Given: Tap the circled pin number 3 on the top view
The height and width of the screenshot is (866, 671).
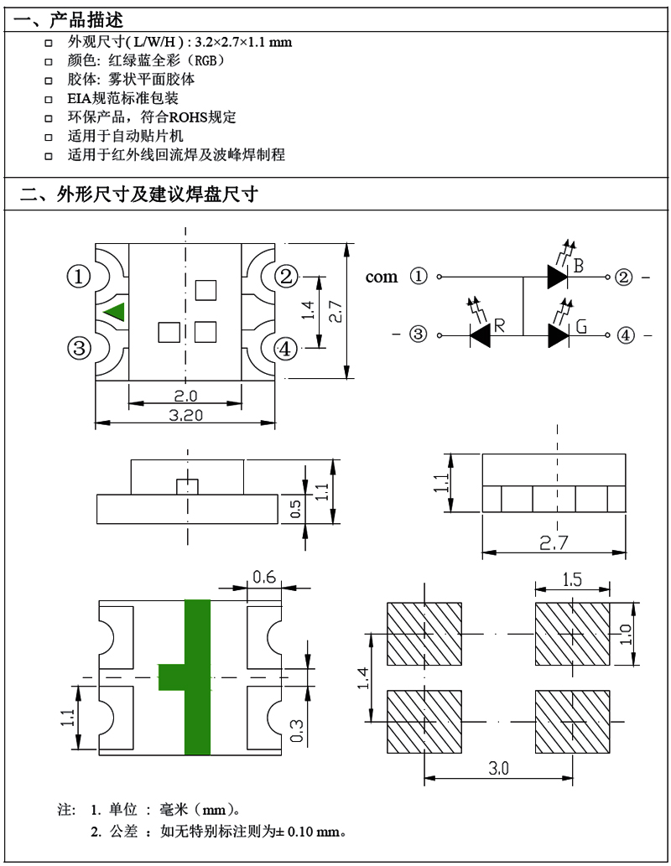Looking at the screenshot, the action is pyautogui.click(x=79, y=348).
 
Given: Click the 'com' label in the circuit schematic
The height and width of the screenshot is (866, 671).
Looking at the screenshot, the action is pyautogui.click(x=382, y=277).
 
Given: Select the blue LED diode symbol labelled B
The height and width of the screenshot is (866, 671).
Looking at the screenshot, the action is pyautogui.click(x=558, y=276).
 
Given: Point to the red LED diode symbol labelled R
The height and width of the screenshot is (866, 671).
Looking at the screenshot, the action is pyautogui.click(x=480, y=334).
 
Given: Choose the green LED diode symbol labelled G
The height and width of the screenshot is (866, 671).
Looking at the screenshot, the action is pyautogui.click(x=559, y=334).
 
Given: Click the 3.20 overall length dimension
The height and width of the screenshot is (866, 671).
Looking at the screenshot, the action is pyautogui.click(x=185, y=415).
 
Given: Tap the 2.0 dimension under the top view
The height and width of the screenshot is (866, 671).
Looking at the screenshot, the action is pyautogui.click(x=185, y=396).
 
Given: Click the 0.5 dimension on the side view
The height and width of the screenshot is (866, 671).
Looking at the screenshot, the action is pyautogui.click(x=295, y=509).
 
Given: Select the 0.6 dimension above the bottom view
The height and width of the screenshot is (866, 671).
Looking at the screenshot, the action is pyautogui.click(x=264, y=577).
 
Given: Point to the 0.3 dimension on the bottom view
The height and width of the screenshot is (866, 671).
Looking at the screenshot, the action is pyautogui.click(x=296, y=731).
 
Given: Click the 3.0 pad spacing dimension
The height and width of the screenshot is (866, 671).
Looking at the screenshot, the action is pyautogui.click(x=498, y=768).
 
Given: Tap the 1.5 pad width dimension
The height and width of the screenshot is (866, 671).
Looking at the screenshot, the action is pyautogui.click(x=572, y=579).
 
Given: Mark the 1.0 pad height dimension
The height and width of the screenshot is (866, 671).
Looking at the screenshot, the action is pyautogui.click(x=625, y=634).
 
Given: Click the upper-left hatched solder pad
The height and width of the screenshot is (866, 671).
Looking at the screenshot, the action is pyautogui.click(x=424, y=634).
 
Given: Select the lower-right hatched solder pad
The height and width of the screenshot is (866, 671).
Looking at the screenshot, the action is pyautogui.click(x=572, y=721).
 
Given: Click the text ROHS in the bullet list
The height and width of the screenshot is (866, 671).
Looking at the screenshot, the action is pyautogui.click(x=188, y=117).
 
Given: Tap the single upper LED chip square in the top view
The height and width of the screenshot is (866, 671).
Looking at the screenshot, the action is pyautogui.click(x=205, y=290).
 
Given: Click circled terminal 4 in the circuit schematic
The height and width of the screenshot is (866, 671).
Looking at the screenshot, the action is pyautogui.click(x=625, y=334).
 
